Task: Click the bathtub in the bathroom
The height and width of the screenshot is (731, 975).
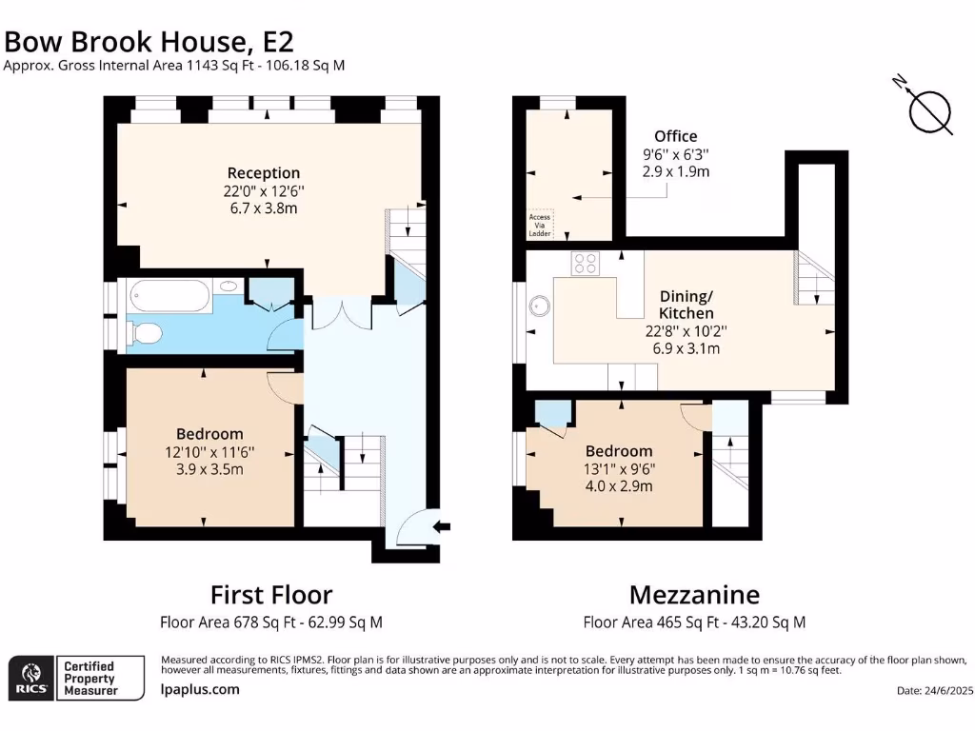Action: [169, 295]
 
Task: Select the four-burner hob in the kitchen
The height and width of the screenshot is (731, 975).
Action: [586, 263]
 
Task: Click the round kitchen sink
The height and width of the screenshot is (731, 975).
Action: [539, 306]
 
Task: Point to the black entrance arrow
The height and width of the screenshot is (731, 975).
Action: [442, 527]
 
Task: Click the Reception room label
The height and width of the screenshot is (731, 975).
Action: [264, 173]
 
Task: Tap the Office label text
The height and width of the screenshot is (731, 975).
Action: [675, 136]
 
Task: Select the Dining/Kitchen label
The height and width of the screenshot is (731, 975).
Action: [686, 305]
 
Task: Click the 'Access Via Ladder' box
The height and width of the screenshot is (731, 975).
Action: [540, 225]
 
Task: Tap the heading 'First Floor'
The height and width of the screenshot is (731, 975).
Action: [271, 595]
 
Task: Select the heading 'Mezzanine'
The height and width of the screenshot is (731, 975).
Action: [694, 595]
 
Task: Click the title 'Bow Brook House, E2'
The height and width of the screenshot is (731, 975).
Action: [149, 42]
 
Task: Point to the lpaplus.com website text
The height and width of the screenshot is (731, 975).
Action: [200, 689]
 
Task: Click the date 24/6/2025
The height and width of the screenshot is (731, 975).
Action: [934, 691]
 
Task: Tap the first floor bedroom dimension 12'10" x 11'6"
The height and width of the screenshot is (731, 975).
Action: [209, 452]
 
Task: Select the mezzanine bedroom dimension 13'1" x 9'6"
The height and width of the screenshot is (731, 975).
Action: [619, 468]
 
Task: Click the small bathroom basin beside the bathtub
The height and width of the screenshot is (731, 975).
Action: [229, 286]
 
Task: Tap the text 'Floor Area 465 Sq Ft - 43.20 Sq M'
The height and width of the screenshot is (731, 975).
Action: [694, 622]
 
